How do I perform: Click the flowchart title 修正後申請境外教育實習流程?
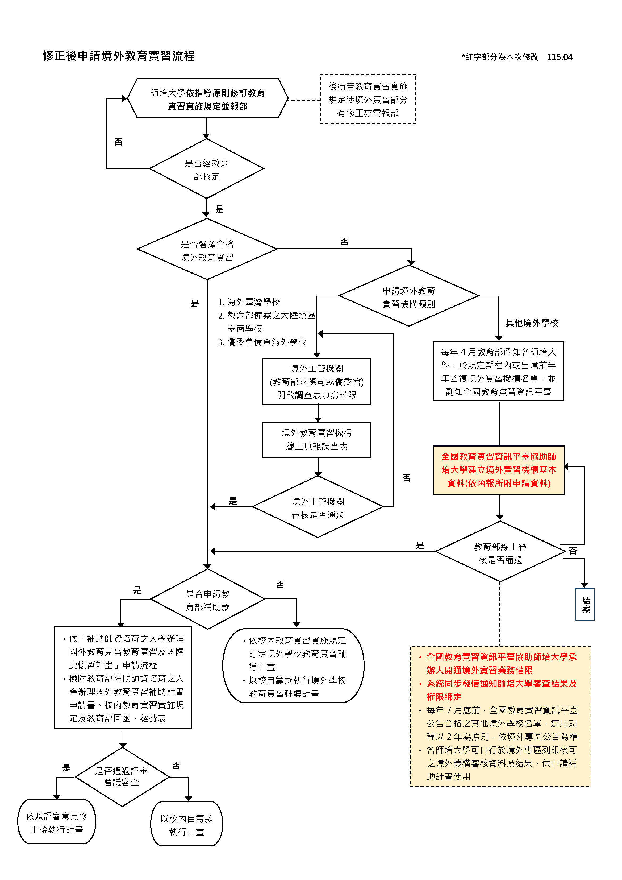pos(118,56)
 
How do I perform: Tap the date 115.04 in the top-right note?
pos(559,57)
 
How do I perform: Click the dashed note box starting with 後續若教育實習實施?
pos(368,99)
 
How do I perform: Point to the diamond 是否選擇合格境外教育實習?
pos(207,249)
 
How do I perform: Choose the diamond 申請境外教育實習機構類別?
pos(409,296)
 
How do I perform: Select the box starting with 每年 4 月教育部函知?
pos(498,371)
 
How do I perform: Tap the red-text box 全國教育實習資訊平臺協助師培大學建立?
pos(499,470)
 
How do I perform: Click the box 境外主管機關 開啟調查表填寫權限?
pos(317,381)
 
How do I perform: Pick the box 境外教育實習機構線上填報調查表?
pos(317,440)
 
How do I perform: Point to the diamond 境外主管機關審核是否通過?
pos(318,507)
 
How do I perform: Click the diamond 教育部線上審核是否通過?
pos(500,551)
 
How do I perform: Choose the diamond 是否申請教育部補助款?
pos(208,599)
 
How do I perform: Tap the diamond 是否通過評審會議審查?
pos(122,777)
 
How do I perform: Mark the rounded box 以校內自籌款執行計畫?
pos(186,824)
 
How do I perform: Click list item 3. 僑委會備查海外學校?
pos(262,342)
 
